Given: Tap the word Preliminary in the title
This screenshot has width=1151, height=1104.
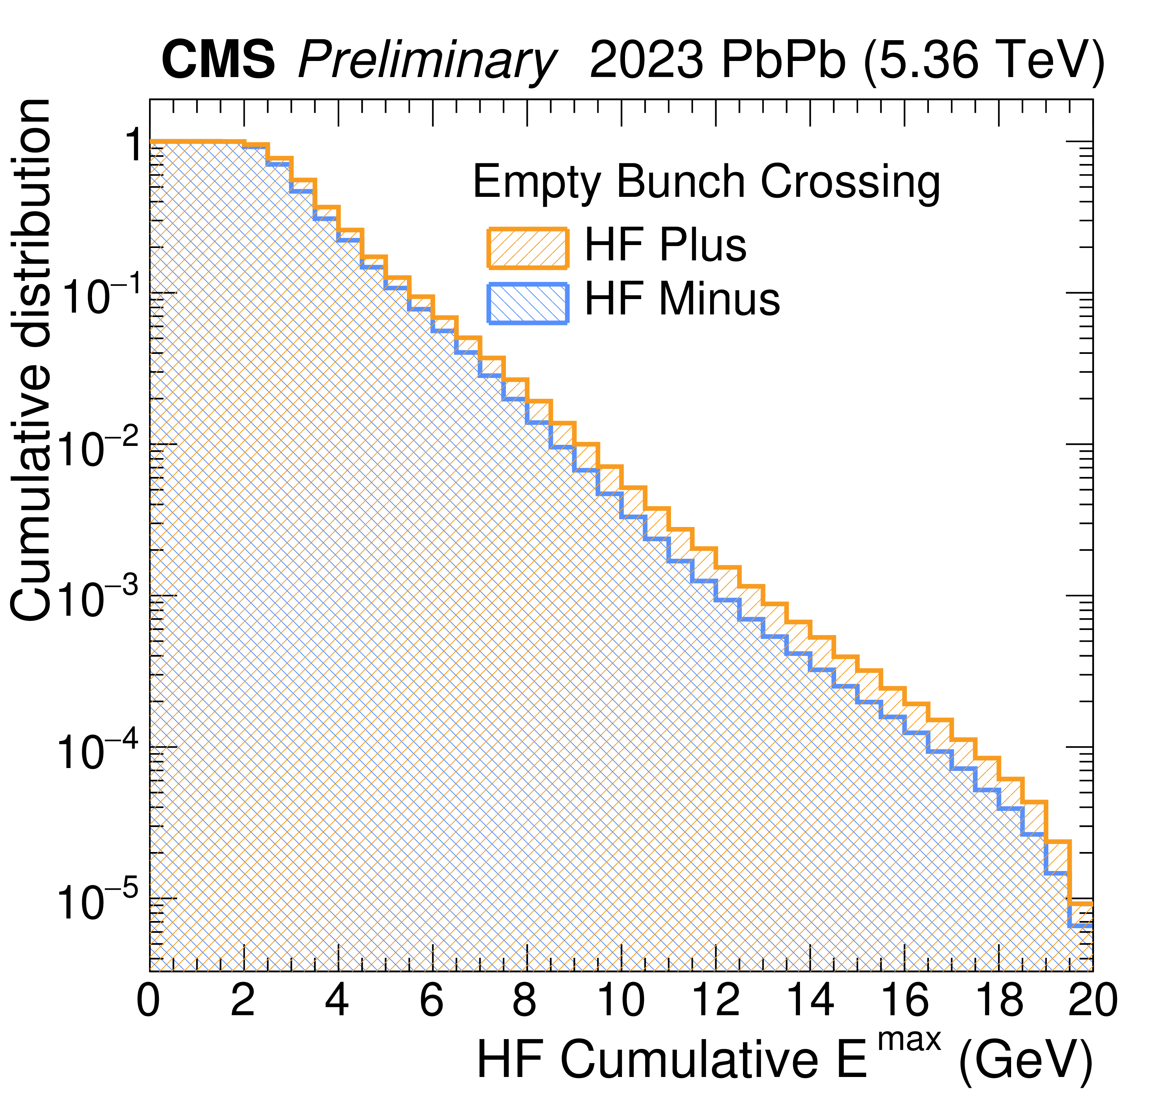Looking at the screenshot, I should point(427,61).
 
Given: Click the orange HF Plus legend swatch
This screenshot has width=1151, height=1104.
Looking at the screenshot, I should point(527,248).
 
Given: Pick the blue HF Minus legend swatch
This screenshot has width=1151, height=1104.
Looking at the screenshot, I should point(527,303).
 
